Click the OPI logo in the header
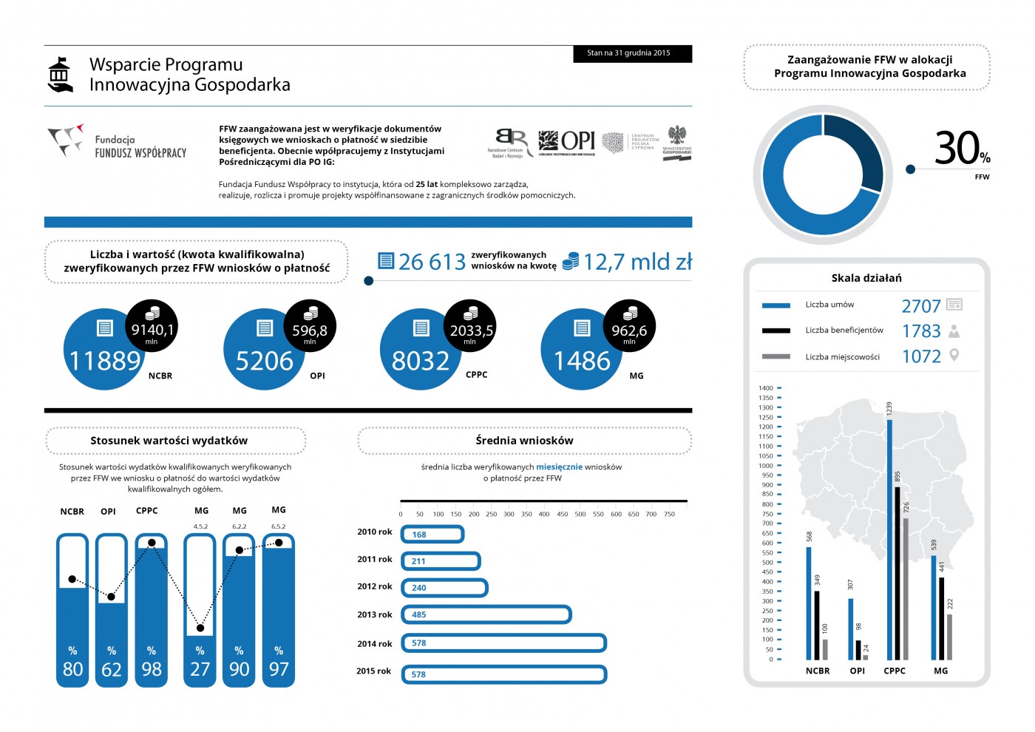tap(566, 140)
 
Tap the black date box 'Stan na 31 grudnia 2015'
tap(632, 53)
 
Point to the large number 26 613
tap(432, 262)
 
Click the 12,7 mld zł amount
tap(637, 262)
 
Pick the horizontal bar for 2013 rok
tap(486, 614)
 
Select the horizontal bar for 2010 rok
tap(432, 534)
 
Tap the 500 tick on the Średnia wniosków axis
tap(580, 514)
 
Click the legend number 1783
tap(921, 331)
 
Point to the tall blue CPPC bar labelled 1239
tap(889, 540)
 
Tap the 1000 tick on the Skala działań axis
tap(766, 466)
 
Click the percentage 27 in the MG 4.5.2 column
tap(200, 669)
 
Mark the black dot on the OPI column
tap(112, 597)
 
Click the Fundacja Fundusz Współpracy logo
tap(117, 142)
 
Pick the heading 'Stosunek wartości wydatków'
tap(169, 441)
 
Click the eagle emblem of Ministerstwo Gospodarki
tap(676, 135)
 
